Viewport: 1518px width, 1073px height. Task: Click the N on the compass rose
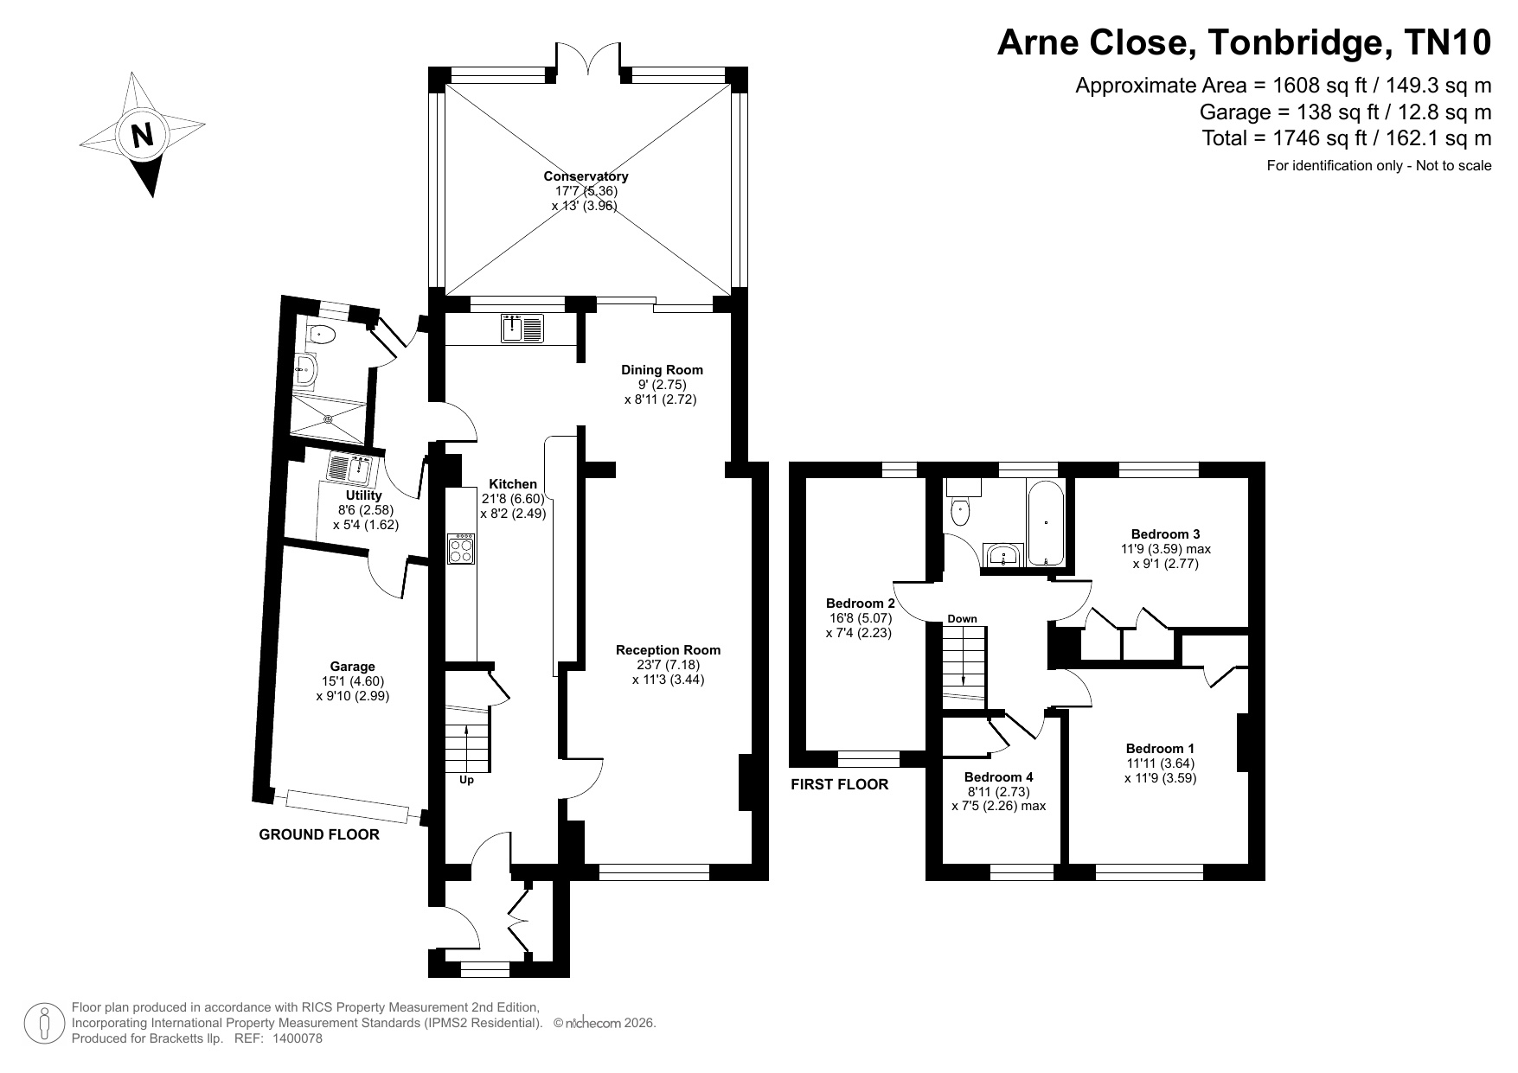142,136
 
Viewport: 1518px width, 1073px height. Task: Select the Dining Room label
662,370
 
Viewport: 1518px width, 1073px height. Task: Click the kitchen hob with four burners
461,549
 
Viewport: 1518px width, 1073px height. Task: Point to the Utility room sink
350,469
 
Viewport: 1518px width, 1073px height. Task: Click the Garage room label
352,667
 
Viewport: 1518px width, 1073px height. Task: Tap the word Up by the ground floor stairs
466,780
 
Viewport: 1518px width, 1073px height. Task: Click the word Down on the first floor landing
962,618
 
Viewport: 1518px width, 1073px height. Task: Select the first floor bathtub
1047,523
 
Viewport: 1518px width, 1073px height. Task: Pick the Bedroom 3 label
1165,534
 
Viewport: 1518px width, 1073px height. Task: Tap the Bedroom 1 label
1160,749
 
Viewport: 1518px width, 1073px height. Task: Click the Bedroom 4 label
998,777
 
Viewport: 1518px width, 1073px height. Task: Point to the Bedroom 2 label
860,604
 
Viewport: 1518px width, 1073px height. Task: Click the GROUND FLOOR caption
319,835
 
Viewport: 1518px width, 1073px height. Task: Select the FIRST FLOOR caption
839,785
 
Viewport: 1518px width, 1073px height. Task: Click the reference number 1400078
298,1039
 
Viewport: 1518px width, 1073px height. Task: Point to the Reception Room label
668,650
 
